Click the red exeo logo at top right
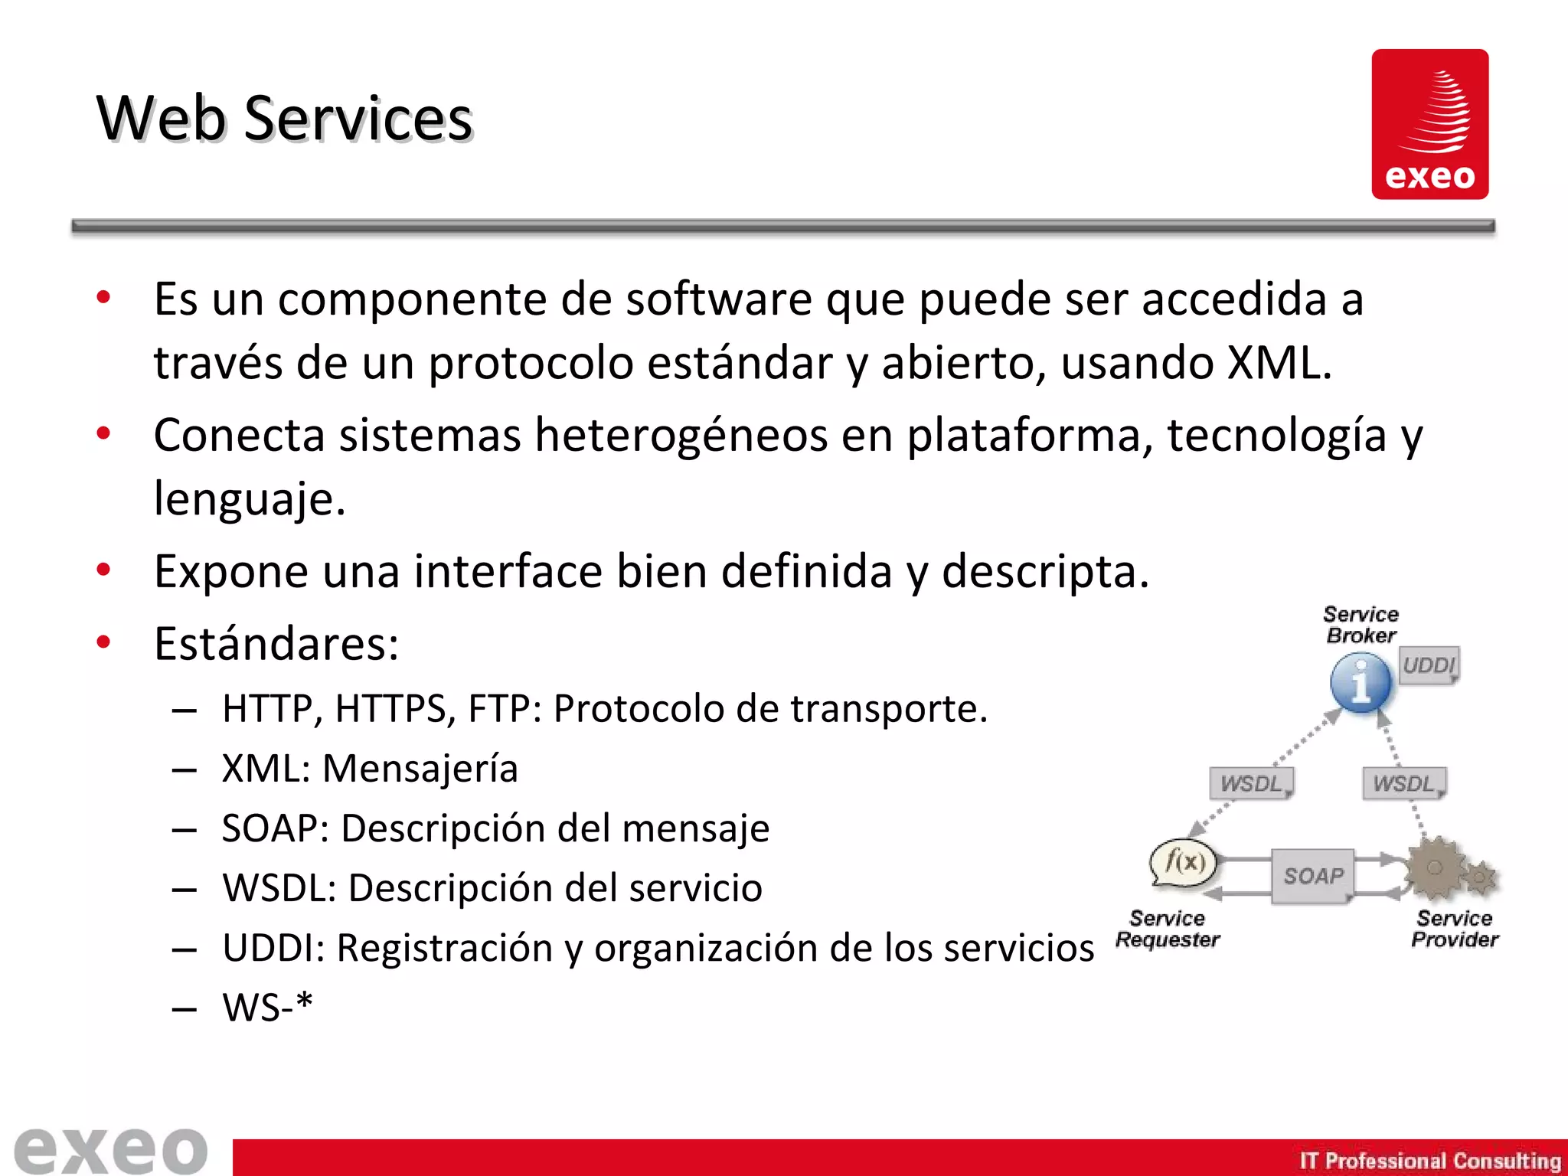point(1429,124)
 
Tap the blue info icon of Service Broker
point(1361,682)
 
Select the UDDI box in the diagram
point(1429,665)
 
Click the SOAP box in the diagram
point(1313,876)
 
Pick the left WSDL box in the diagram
point(1251,783)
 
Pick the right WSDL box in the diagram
point(1404,783)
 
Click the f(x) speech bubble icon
point(1184,864)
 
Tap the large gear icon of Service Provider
point(1436,868)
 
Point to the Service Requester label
point(1167,929)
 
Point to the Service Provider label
point(1454,929)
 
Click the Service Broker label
point(1361,625)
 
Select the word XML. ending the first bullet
point(1279,362)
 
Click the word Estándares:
point(276,643)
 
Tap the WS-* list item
point(267,1007)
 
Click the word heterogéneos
point(681,435)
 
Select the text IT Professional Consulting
point(1429,1161)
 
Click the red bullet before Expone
point(103,570)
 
